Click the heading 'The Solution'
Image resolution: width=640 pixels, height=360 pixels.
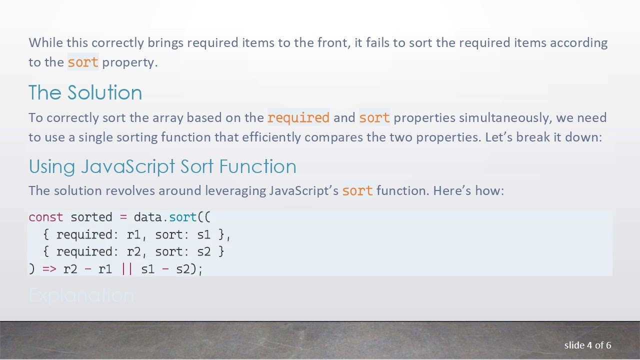coord(85,93)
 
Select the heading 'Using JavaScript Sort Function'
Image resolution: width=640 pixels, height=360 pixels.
coord(162,166)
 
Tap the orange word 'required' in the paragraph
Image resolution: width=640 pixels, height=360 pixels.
coord(298,118)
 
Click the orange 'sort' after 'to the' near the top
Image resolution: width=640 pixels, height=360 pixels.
coord(83,62)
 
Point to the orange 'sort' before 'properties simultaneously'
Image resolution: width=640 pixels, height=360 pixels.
coord(374,118)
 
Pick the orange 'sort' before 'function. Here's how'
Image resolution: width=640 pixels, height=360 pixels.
coord(357,191)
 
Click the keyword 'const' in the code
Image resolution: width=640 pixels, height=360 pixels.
coord(46,217)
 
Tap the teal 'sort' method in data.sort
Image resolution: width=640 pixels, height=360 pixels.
coord(183,217)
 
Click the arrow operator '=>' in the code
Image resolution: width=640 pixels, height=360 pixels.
coord(49,269)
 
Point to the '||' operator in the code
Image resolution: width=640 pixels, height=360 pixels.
coord(127,269)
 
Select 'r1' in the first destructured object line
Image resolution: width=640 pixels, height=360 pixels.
coord(134,234)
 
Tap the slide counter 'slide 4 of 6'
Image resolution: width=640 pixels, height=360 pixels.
coord(587,345)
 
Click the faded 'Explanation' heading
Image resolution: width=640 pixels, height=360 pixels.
coord(81,296)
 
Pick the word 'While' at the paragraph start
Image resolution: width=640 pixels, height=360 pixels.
coord(46,43)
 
